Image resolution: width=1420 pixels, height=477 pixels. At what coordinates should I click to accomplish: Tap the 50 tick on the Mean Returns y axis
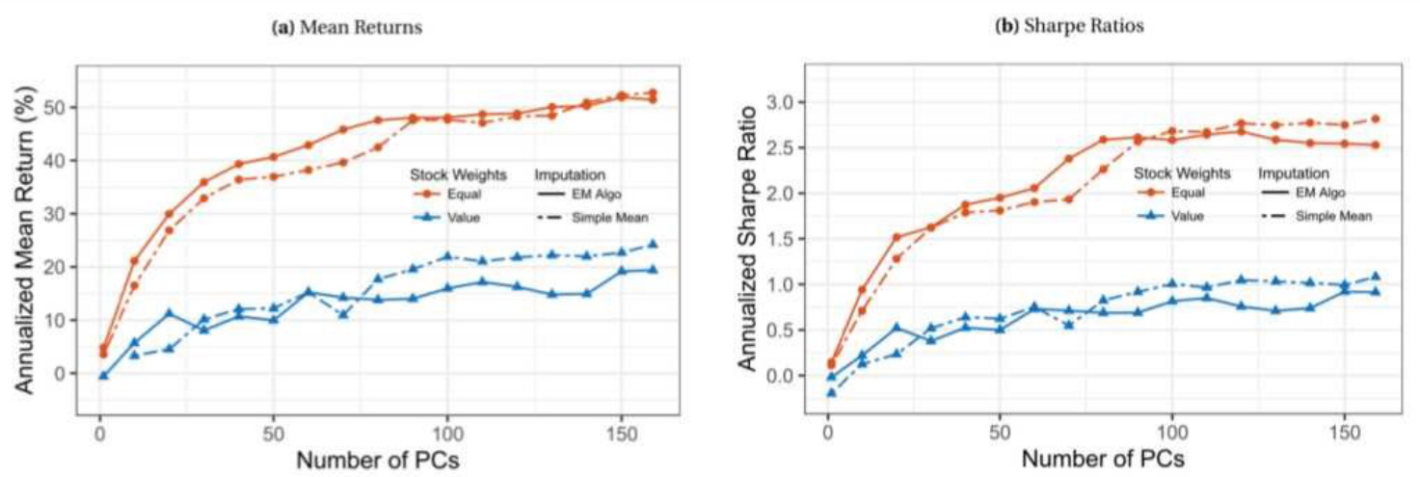pyautogui.click(x=59, y=107)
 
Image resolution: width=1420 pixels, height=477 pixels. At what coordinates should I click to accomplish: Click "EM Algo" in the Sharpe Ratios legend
pyautogui.click(x=1335, y=194)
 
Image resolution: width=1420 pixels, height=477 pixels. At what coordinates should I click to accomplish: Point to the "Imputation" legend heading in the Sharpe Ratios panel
pyautogui.click(x=1294, y=174)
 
